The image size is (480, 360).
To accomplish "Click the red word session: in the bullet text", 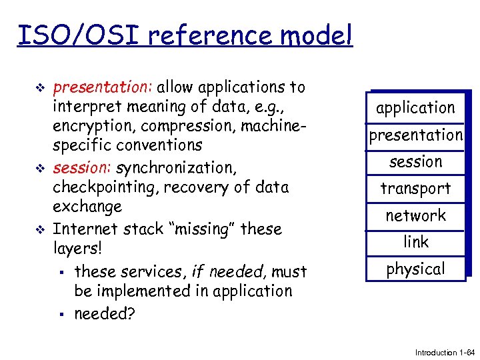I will (82, 167).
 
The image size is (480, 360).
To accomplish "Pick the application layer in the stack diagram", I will (415, 107).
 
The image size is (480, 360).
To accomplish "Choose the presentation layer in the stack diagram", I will (415, 135).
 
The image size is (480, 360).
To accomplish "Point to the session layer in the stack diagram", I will (415, 161).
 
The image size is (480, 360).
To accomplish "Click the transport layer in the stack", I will (415, 189).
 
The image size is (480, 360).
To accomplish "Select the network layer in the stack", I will (415, 215).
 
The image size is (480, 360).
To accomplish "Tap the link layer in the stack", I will (415, 242).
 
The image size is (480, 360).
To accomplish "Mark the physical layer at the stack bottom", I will (415, 269).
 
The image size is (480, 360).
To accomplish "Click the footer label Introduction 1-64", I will (443, 352).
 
